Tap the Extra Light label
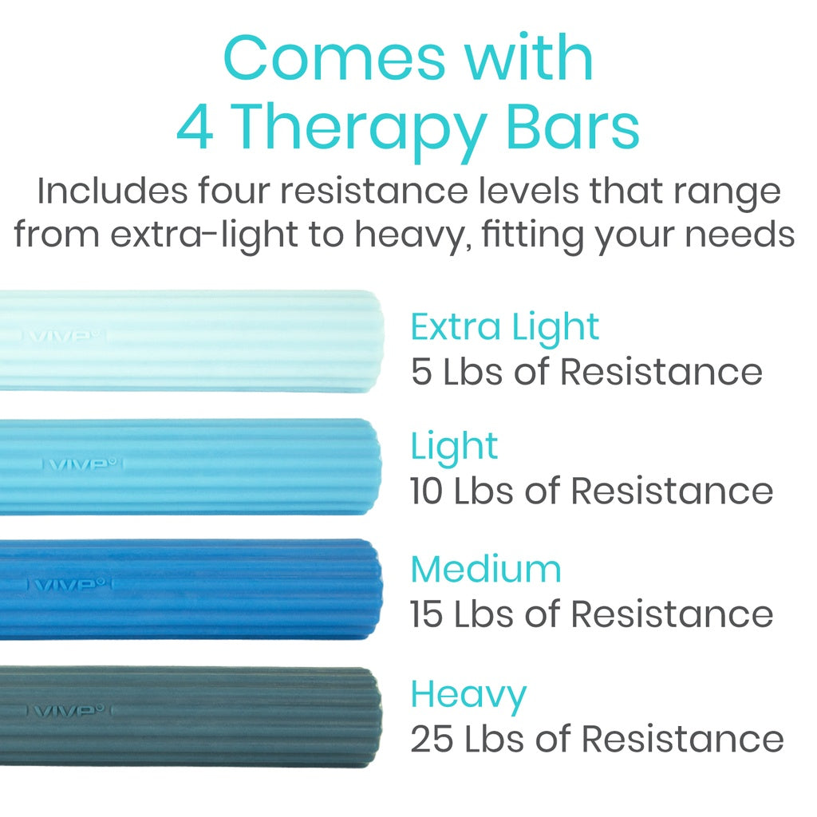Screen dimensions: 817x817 (504, 327)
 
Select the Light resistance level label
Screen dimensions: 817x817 (454, 446)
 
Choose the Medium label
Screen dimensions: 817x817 (486, 570)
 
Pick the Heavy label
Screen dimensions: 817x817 (468, 695)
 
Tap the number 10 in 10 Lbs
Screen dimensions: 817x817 (428, 491)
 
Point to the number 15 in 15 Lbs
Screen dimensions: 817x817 (428, 614)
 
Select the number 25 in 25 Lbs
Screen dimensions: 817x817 (432, 740)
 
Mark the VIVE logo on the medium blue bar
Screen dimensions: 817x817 (69, 585)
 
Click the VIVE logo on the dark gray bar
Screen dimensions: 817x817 (68, 710)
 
